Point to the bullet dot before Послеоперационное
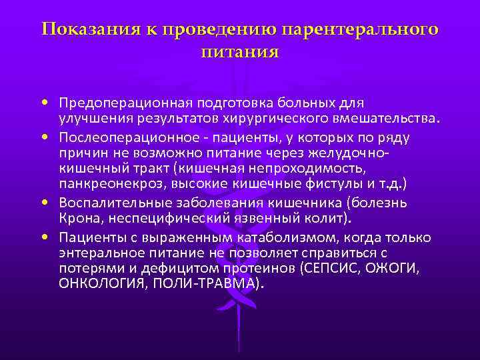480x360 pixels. (43, 137)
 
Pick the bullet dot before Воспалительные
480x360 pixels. (43, 201)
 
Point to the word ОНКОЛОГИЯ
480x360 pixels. (97, 285)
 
